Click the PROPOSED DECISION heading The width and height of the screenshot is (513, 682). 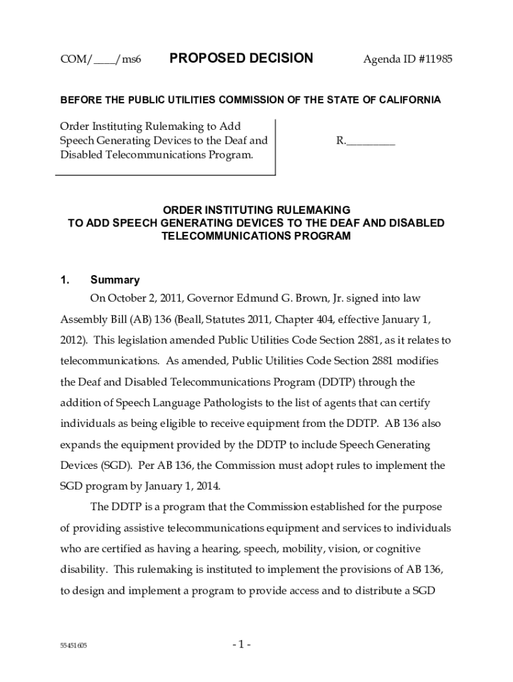241,59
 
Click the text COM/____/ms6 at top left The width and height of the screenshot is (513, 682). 101,60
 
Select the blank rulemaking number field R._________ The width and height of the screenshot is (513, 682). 366,141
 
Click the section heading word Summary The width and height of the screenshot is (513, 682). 115,280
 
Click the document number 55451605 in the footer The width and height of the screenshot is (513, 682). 73,646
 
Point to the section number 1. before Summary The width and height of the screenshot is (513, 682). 65,280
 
